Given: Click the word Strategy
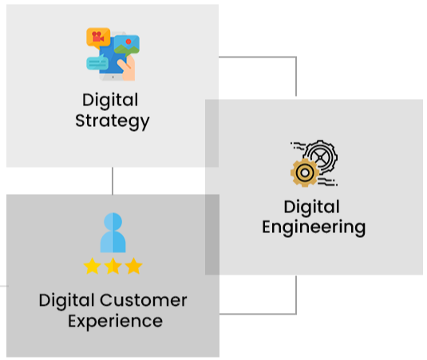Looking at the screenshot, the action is pos(113,121).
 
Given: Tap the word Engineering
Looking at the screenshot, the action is pos(314,227).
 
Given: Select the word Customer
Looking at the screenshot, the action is pos(144,300).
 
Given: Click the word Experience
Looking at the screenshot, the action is pos(115,322).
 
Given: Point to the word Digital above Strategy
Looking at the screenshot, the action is pos(110,101).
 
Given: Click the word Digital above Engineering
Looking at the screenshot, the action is pos(312,207).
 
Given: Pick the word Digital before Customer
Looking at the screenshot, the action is pos(67,301).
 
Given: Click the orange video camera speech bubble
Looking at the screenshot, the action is pos(98,38).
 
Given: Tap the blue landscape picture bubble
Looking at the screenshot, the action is pos(127,45).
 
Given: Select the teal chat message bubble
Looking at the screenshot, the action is pos(97,62).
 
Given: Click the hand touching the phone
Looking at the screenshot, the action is pos(128,68).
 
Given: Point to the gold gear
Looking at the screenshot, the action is pos(305,172).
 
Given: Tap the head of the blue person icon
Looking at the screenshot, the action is pos(113,221).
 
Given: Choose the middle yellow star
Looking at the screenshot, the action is pos(113,266).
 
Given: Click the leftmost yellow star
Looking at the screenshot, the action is pos(93,266).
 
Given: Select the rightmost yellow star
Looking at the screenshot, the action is pos(133,266).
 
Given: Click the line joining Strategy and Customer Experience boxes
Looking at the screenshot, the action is pos(113,181).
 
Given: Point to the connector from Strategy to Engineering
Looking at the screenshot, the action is pos(296,57).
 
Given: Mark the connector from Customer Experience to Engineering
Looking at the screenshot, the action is pos(296,314).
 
